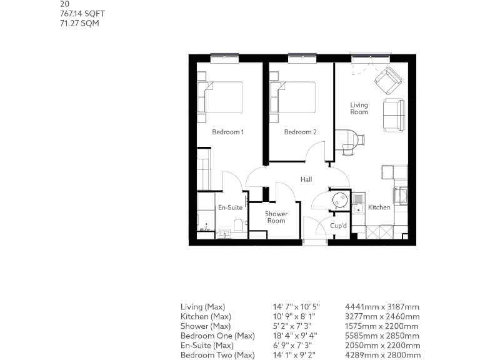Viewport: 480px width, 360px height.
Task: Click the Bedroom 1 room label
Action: tap(227, 132)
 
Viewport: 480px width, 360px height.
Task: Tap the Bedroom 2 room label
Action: tap(301, 132)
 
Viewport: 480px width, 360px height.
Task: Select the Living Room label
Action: tap(359, 109)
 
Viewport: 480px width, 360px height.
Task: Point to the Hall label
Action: tap(306, 179)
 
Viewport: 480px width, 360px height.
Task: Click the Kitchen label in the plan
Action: tap(379, 207)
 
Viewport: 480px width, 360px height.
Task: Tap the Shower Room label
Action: tap(276, 217)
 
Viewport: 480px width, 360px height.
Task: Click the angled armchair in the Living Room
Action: tap(388, 79)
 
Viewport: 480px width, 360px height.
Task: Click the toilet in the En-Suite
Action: tap(238, 224)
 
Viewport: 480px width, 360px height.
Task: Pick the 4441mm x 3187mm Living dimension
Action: tap(382, 307)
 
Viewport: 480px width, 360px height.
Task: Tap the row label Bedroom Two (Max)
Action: tap(217, 356)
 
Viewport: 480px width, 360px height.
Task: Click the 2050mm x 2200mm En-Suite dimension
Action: tap(382, 346)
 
